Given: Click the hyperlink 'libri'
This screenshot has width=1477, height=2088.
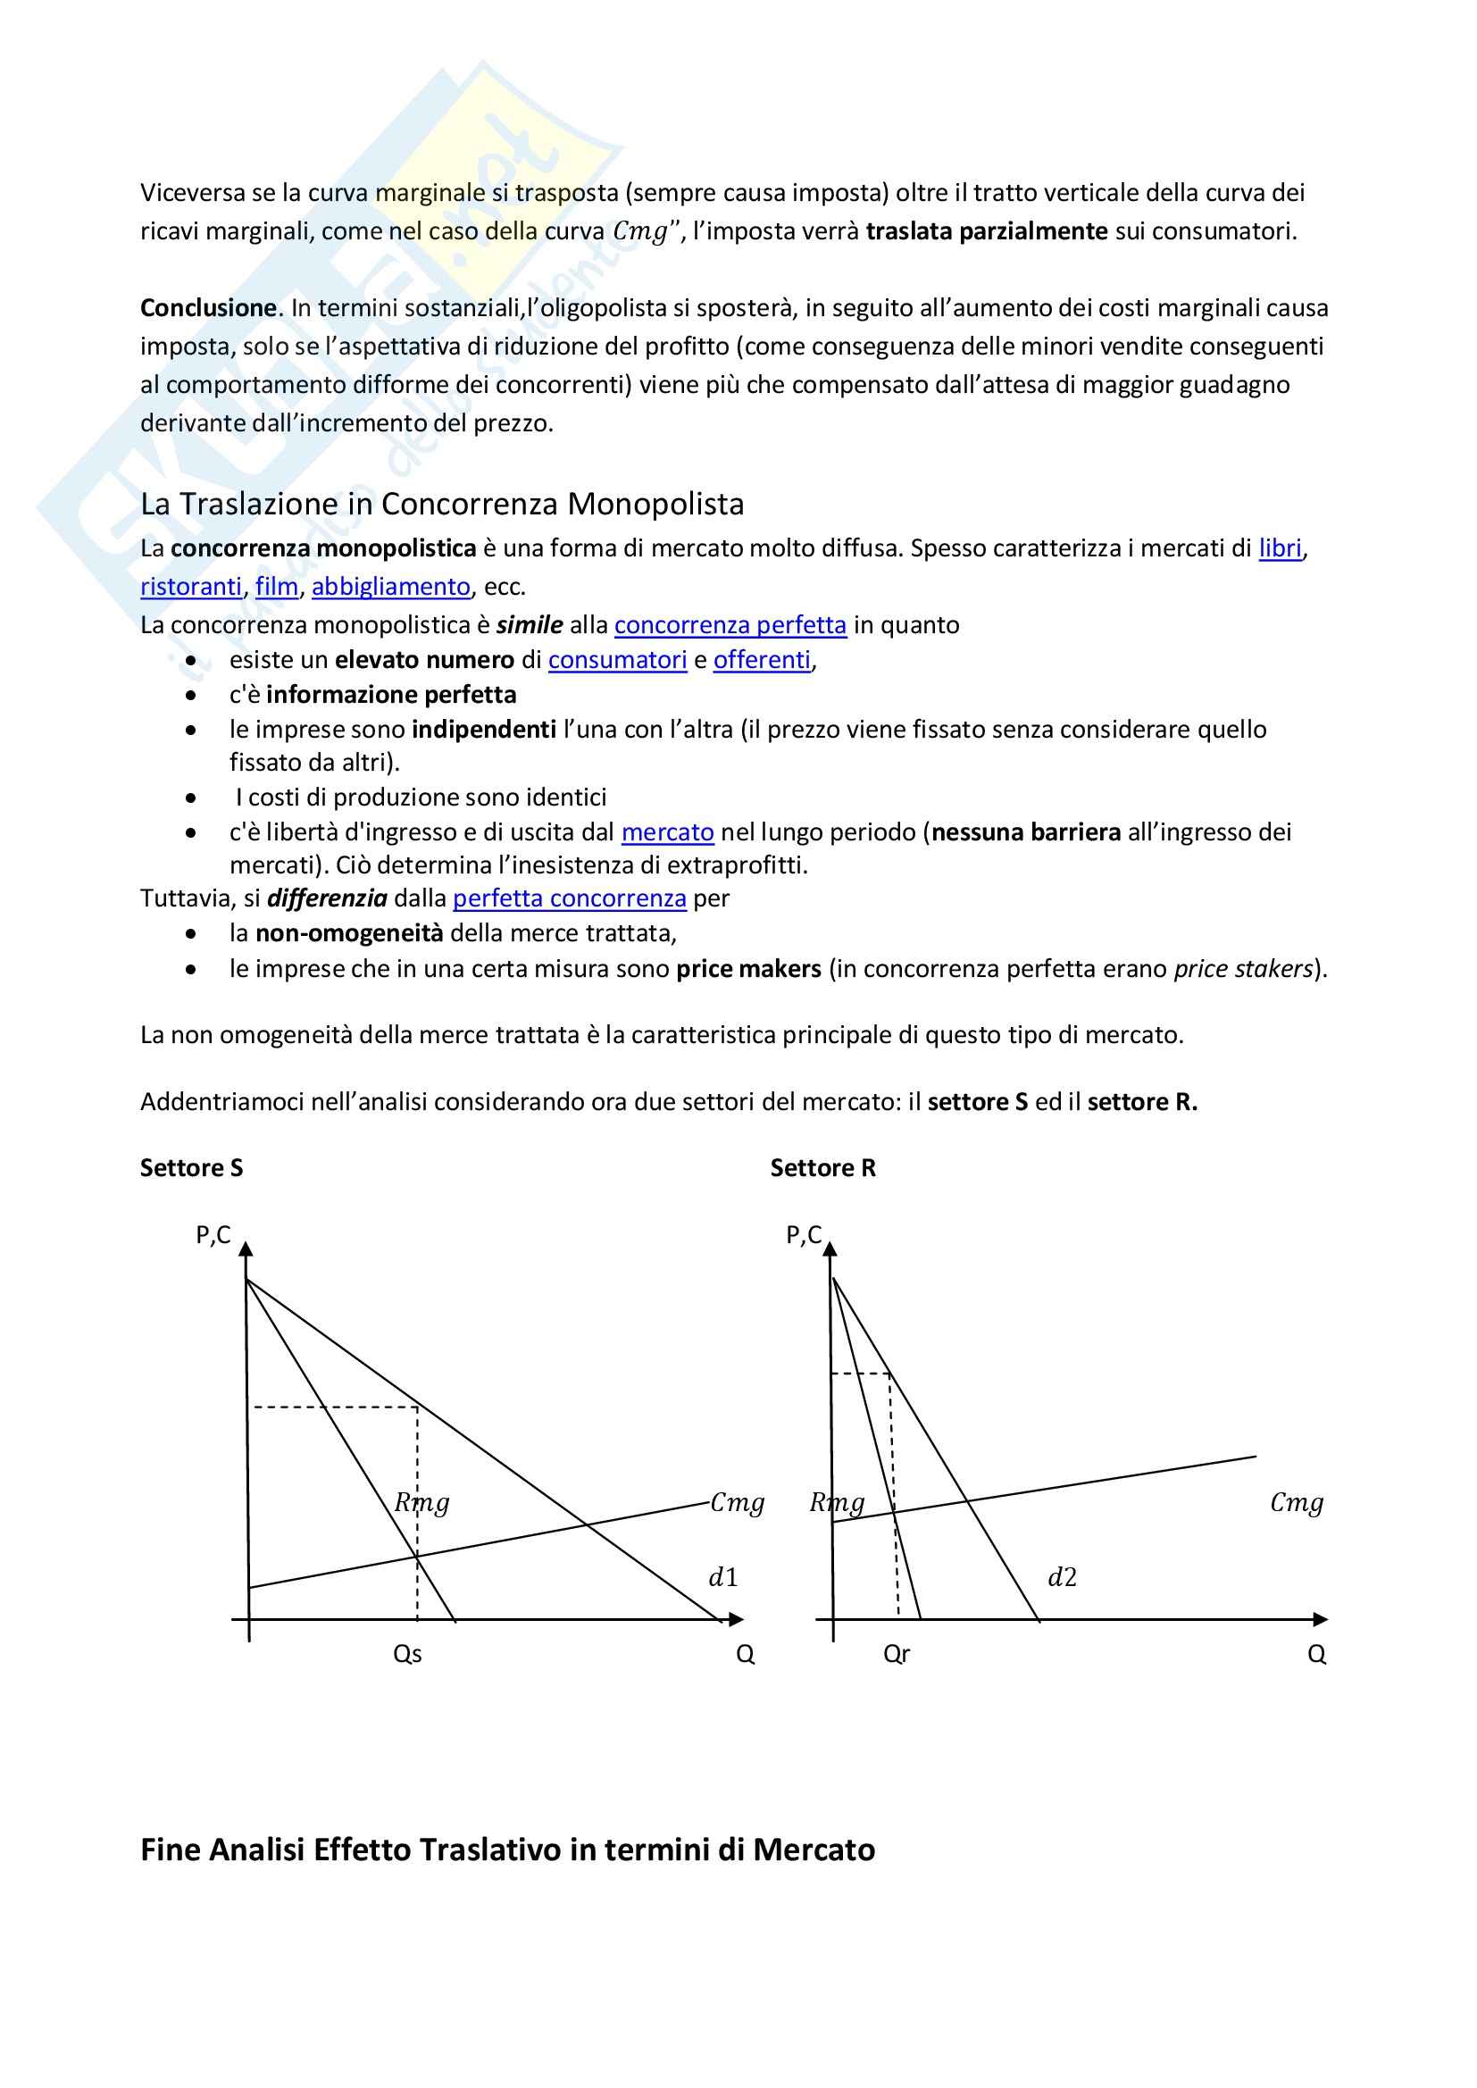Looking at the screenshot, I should pyautogui.click(x=1280, y=548).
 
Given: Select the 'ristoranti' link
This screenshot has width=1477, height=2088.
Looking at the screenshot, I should pyautogui.click(x=191, y=587).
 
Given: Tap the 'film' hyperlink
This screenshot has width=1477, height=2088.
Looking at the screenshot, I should pyautogui.click(x=277, y=587).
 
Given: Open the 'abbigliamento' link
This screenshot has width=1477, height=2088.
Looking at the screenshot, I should pyautogui.click(x=391, y=587).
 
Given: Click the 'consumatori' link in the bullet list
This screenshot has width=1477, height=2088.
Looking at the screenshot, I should pyautogui.click(x=618, y=660).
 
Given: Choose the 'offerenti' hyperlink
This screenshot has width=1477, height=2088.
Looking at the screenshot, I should pyautogui.click(x=761, y=660).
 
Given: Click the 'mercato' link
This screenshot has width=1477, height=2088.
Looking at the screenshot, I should pyautogui.click(x=668, y=832).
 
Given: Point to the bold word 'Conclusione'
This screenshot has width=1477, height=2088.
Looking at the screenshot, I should pyautogui.click(x=208, y=308).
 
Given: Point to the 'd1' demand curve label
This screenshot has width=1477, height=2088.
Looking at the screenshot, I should pyautogui.click(x=723, y=1578).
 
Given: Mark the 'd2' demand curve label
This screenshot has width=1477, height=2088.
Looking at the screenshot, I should pyautogui.click(x=1063, y=1578).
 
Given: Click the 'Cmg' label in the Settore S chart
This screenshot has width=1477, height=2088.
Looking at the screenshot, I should pyautogui.click(x=738, y=1502).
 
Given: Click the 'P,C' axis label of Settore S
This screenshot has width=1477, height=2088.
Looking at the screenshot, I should pyautogui.click(x=213, y=1235).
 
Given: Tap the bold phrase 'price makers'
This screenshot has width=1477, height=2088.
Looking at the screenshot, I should pyautogui.click(x=748, y=970).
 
